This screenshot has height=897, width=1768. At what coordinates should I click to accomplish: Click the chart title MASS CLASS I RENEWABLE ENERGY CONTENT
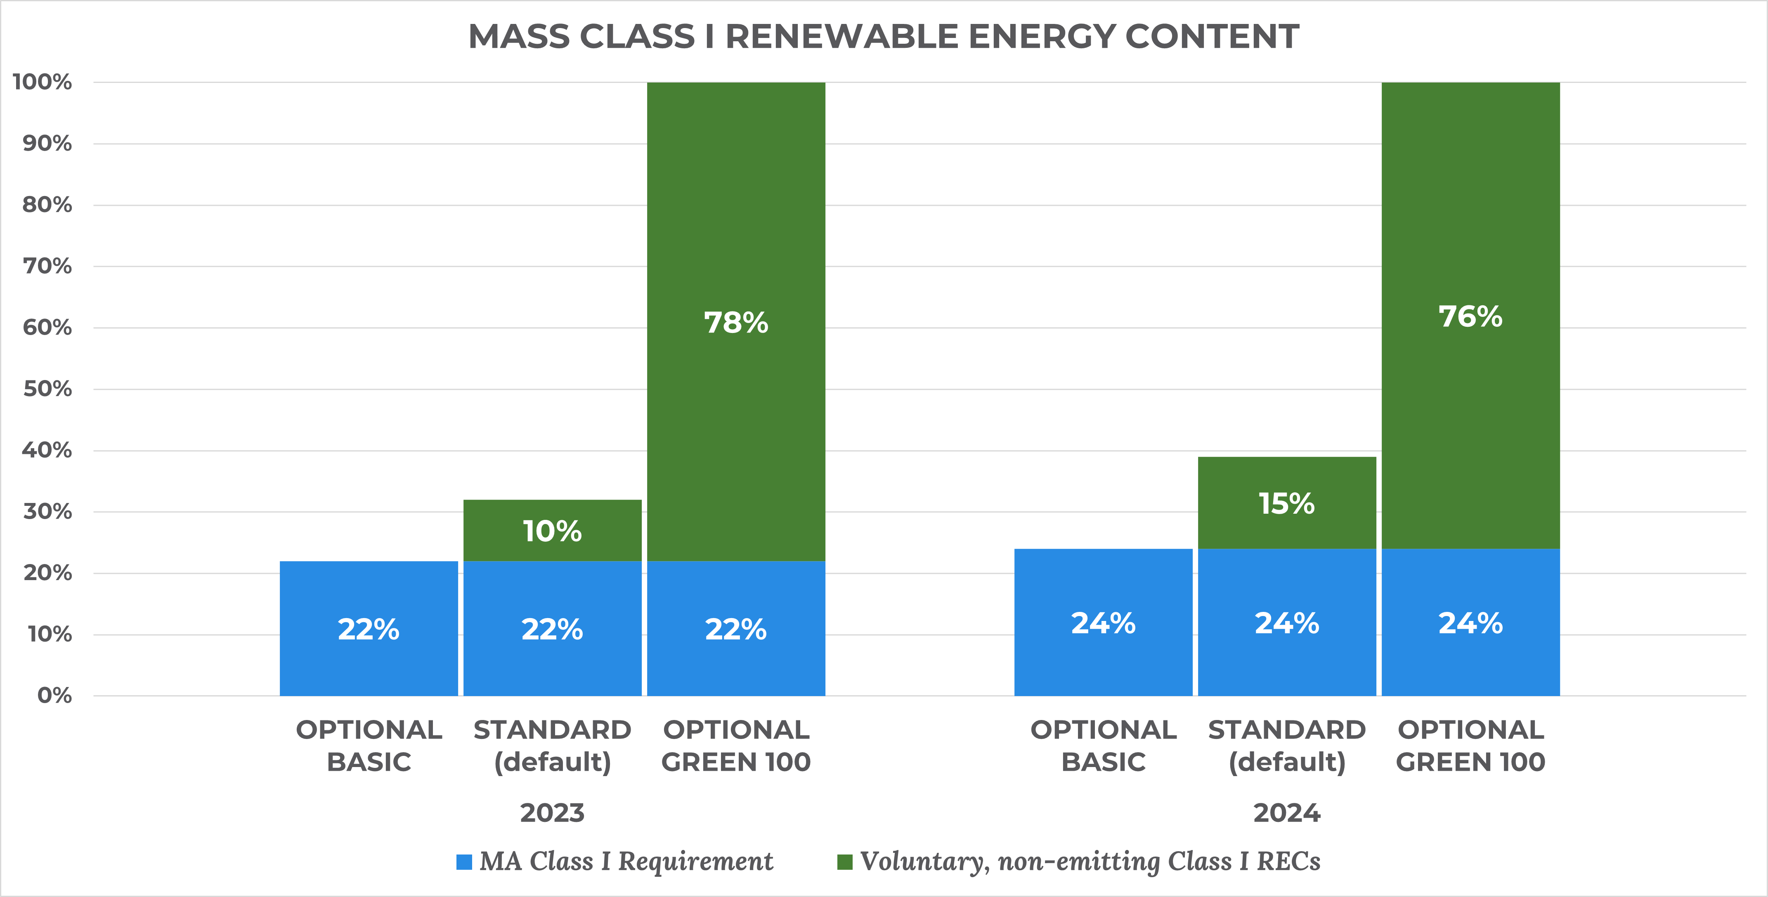[x=883, y=36]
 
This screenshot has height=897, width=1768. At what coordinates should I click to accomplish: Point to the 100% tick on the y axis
[x=43, y=83]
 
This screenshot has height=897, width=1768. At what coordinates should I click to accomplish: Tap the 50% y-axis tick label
[x=47, y=389]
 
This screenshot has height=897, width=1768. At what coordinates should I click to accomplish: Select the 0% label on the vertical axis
[x=54, y=696]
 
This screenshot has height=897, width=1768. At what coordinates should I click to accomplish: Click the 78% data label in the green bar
[x=736, y=323]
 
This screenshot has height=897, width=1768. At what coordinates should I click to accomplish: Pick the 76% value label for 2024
[x=1470, y=316]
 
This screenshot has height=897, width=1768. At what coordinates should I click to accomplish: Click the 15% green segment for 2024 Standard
[x=1286, y=503]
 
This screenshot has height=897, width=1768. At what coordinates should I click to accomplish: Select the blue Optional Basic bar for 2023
[x=369, y=629]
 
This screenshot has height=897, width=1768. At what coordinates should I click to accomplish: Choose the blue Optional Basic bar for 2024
[x=1103, y=623]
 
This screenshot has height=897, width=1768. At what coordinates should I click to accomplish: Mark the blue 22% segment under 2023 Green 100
[x=736, y=629]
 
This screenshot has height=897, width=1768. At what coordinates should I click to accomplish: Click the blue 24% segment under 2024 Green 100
[x=1470, y=623]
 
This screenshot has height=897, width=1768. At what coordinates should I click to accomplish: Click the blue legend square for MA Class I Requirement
[x=464, y=862]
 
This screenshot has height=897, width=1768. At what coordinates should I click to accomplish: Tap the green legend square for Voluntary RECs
[x=845, y=862]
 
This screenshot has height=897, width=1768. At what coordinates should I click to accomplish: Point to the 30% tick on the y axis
[x=47, y=512]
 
